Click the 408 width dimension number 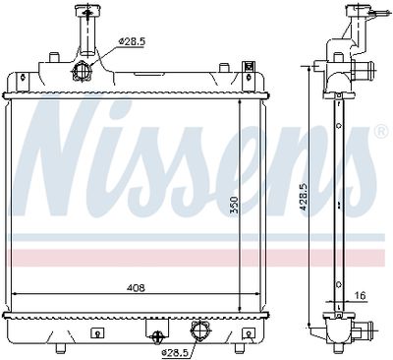click(x=136, y=288)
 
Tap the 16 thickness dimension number click(x=361, y=294)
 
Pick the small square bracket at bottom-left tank click(x=95, y=332)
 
